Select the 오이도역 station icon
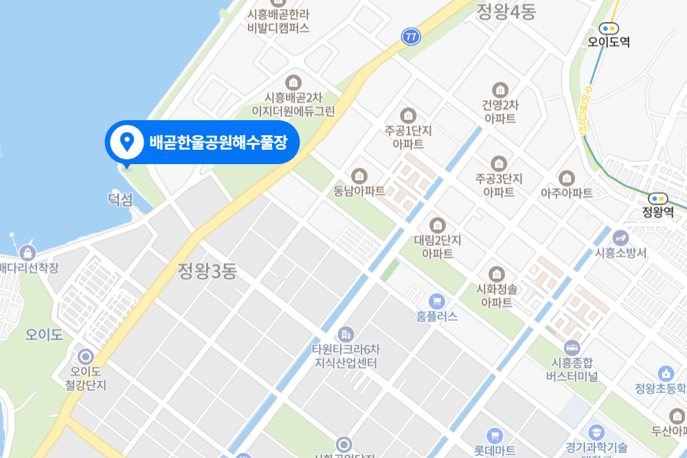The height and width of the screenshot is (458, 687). (609, 28)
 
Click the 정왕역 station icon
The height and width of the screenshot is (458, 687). (657, 198)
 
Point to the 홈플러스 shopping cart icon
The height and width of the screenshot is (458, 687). (436, 301)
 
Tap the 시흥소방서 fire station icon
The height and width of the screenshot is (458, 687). (621, 238)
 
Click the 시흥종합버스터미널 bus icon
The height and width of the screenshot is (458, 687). (572, 347)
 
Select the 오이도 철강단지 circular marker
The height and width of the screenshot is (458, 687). (86, 356)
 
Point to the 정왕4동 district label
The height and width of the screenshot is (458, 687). (506, 11)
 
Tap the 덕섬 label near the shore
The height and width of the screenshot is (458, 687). (120, 200)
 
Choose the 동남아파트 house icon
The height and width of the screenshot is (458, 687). (359, 176)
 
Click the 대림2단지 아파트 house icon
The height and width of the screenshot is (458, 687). (438, 225)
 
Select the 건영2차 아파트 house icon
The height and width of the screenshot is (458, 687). (499, 89)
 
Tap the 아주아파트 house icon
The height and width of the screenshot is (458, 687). (567, 178)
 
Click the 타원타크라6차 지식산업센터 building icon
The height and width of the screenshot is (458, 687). (346, 334)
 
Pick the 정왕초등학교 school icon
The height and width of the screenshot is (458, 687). (665, 374)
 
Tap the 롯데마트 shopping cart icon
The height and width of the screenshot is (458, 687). (494, 435)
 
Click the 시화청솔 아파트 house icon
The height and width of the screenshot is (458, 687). (497, 273)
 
